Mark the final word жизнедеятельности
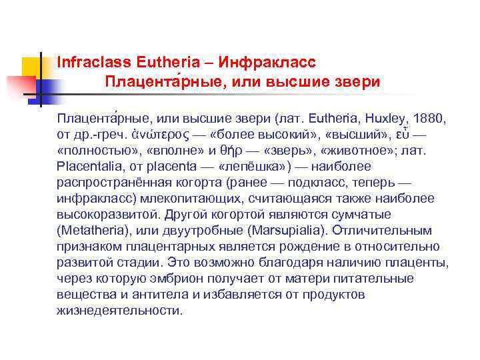pyautogui.click(x=119, y=311)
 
